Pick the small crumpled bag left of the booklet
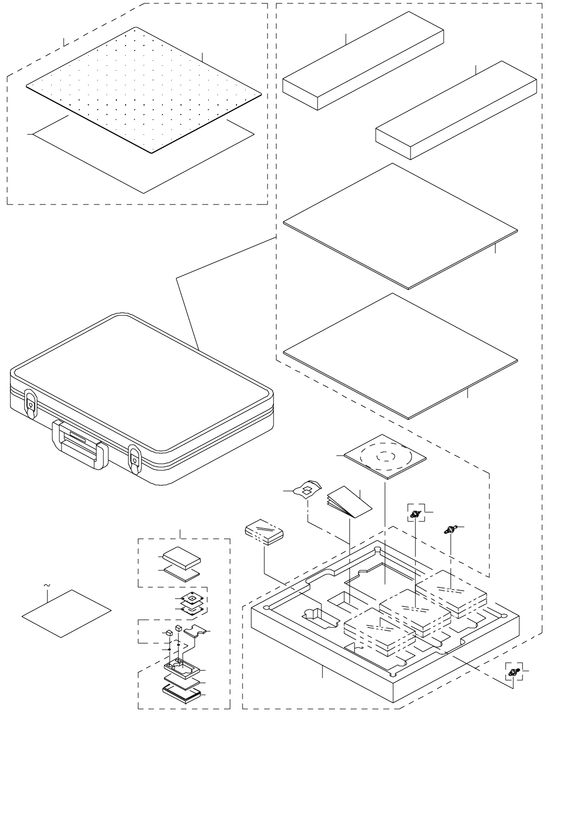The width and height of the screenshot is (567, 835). (x=308, y=489)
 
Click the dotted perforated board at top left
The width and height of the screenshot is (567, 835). (x=144, y=90)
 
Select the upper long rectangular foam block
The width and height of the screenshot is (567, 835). (x=363, y=63)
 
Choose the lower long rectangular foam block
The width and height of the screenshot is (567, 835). (x=456, y=111)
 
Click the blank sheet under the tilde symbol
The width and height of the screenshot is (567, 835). (x=66, y=613)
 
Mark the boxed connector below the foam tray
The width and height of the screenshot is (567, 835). (x=512, y=673)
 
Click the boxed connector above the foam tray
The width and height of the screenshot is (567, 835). (x=416, y=513)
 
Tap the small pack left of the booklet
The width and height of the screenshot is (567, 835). (x=265, y=531)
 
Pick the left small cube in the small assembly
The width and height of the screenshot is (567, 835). (x=169, y=633)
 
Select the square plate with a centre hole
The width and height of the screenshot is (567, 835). (x=192, y=599)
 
